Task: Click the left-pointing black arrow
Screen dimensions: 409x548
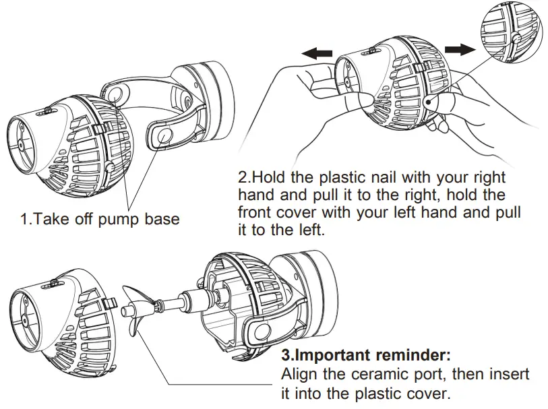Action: (317, 53)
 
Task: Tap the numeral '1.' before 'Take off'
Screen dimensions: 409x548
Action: (25, 219)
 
